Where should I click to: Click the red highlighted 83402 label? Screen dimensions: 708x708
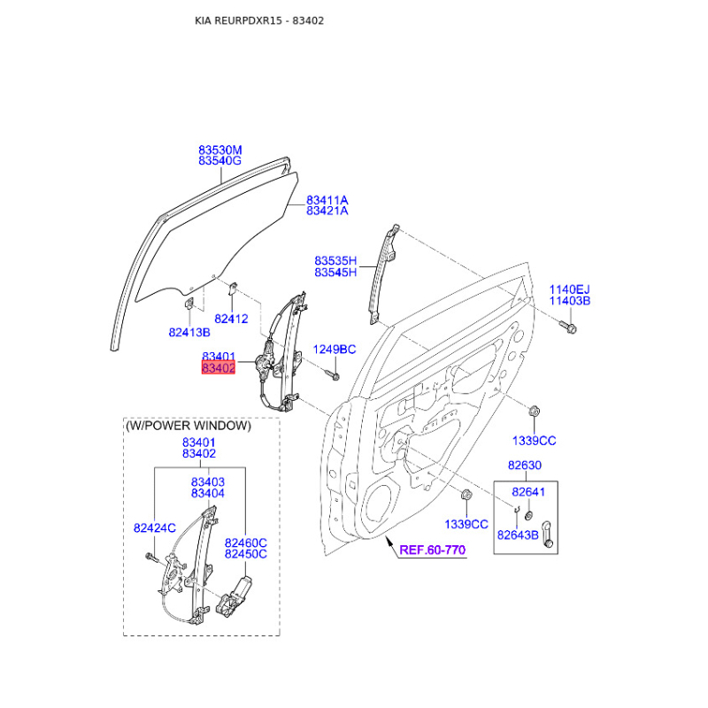pos(219,368)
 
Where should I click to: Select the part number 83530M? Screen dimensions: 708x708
pos(219,150)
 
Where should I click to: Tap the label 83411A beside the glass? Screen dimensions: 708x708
pos(327,200)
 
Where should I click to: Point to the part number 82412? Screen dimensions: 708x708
pos(231,319)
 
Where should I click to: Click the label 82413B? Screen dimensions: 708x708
pos(189,333)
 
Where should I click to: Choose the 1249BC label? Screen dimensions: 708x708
pos(335,350)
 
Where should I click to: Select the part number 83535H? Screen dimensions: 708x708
pos(335,261)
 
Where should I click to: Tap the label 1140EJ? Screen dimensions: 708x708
pos(569,289)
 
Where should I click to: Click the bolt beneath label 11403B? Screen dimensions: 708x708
pos(568,327)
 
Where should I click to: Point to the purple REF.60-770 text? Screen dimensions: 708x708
pos(432,550)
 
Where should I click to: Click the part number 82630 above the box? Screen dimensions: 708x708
pos(525,466)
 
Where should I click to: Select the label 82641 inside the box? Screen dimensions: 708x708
pos(528,492)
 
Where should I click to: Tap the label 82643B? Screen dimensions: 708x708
pos(518,535)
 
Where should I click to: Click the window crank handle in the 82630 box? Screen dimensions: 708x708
pos(547,535)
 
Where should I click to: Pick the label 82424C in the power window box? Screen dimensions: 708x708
pos(154,527)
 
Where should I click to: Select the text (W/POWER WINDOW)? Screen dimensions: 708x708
pos(189,426)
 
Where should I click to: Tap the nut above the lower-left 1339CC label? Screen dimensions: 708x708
pos(466,495)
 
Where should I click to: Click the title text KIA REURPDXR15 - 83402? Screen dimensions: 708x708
pos(259,20)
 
